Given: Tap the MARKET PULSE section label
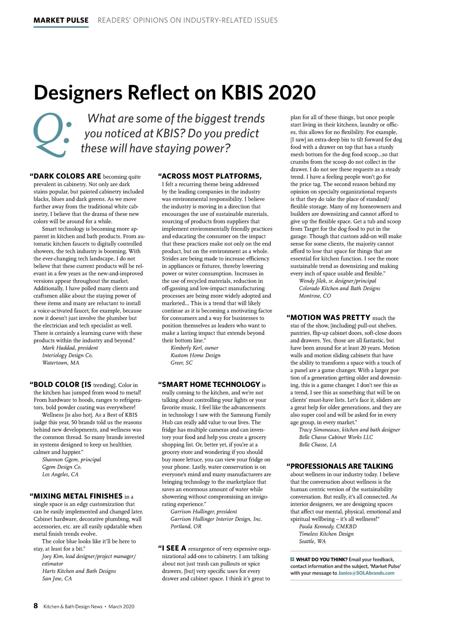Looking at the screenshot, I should point(61,20).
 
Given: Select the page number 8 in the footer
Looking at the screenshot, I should point(36,606).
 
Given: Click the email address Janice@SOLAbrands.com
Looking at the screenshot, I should point(366,573).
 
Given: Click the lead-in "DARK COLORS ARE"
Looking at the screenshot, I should point(67,176).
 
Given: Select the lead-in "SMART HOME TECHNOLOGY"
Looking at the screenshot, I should point(211,384).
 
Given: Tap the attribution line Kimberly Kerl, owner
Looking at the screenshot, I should point(194,348).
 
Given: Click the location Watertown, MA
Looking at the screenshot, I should point(61,363).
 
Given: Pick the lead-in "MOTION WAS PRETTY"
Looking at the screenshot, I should point(330,317).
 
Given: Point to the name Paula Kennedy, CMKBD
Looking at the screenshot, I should point(328,526).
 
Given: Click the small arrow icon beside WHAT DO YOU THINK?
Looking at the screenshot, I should point(292,559).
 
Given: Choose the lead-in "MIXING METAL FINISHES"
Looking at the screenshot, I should point(78,496).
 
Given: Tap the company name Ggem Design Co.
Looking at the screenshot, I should point(62,467).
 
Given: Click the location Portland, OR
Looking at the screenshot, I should point(186,526).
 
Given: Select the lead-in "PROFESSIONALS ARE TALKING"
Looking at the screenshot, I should point(342,466).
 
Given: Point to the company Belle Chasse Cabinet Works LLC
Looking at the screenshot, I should point(336,437).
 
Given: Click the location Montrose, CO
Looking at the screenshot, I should point(315,296).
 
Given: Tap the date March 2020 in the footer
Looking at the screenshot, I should point(121,606).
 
